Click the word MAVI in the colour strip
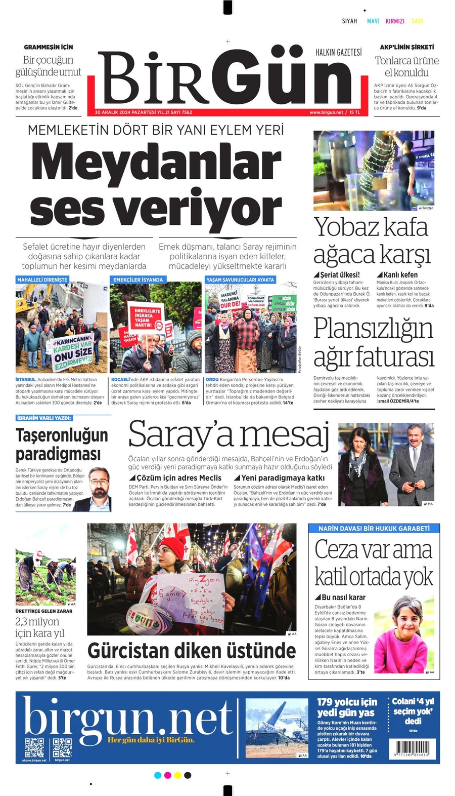pos(373,21)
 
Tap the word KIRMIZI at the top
pos(395,21)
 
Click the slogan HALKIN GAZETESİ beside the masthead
pos(338,52)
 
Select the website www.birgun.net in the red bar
pos(326,112)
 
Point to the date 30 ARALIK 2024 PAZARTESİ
pos(126,112)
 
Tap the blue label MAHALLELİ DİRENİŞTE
pos(42,280)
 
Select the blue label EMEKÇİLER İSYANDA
pos(138,280)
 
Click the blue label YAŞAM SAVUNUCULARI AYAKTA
pos(240,280)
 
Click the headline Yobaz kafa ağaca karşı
pos(372,240)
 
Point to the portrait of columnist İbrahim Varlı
pos(99,489)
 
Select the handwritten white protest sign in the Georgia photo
pos(191,600)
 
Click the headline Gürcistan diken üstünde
pos(192,651)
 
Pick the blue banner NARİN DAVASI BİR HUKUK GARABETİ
pos(374,528)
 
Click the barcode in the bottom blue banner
pos(413,748)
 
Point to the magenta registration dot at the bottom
pos(167,775)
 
